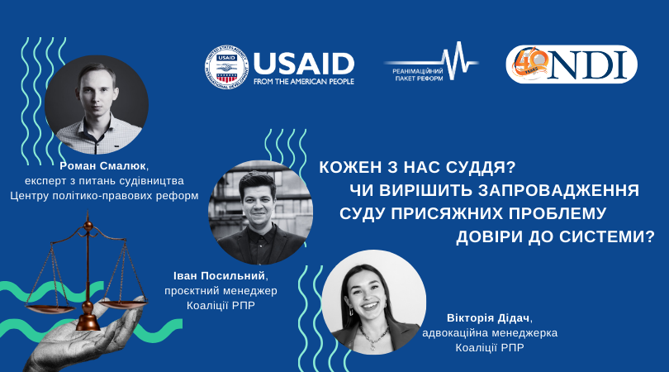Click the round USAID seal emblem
click(x=226, y=68)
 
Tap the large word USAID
click(x=304, y=64)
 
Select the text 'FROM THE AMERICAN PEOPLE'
click(x=304, y=81)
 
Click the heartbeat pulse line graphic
click(x=431, y=61)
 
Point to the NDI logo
click(x=572, y=64)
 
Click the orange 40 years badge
click(x=529, y=63)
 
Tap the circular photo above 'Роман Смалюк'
click(x=97, y=105)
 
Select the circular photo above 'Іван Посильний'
click(x=260, y=212)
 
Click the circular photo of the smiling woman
click(x=374, y=303)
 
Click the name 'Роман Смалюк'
click(x=103, y=165)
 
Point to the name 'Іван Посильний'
click(x=220, y=276)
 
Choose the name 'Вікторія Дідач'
click(x=488, y=318)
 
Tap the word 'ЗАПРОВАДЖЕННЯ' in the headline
click(x=558, y=190)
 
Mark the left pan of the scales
click(x=50, y=308)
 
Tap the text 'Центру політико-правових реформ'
click(x=104, y=196)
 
